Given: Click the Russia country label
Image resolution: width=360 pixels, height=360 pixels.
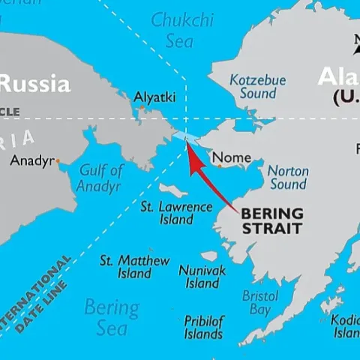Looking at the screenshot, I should [35, 82].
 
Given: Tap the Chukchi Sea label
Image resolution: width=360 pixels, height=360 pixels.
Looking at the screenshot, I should [182, 30].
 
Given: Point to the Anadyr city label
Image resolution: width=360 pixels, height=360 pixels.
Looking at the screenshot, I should [31, 160].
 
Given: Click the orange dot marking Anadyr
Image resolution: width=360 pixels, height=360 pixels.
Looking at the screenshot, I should [58, 160].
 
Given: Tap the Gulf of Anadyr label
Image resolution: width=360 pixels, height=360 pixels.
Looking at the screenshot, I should [100, 178].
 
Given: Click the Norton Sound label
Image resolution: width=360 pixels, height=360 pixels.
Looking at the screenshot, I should [288, 178].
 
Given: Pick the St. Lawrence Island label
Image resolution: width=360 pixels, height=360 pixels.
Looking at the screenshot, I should [166, 213].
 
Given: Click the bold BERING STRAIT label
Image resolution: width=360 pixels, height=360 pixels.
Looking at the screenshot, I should [272, 220].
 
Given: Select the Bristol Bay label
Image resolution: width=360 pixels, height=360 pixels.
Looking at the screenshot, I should [260, 302].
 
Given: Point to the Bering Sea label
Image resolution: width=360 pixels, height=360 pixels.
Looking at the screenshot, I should [111, 317].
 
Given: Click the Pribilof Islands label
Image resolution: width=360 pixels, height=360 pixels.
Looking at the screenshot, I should [203, 327].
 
